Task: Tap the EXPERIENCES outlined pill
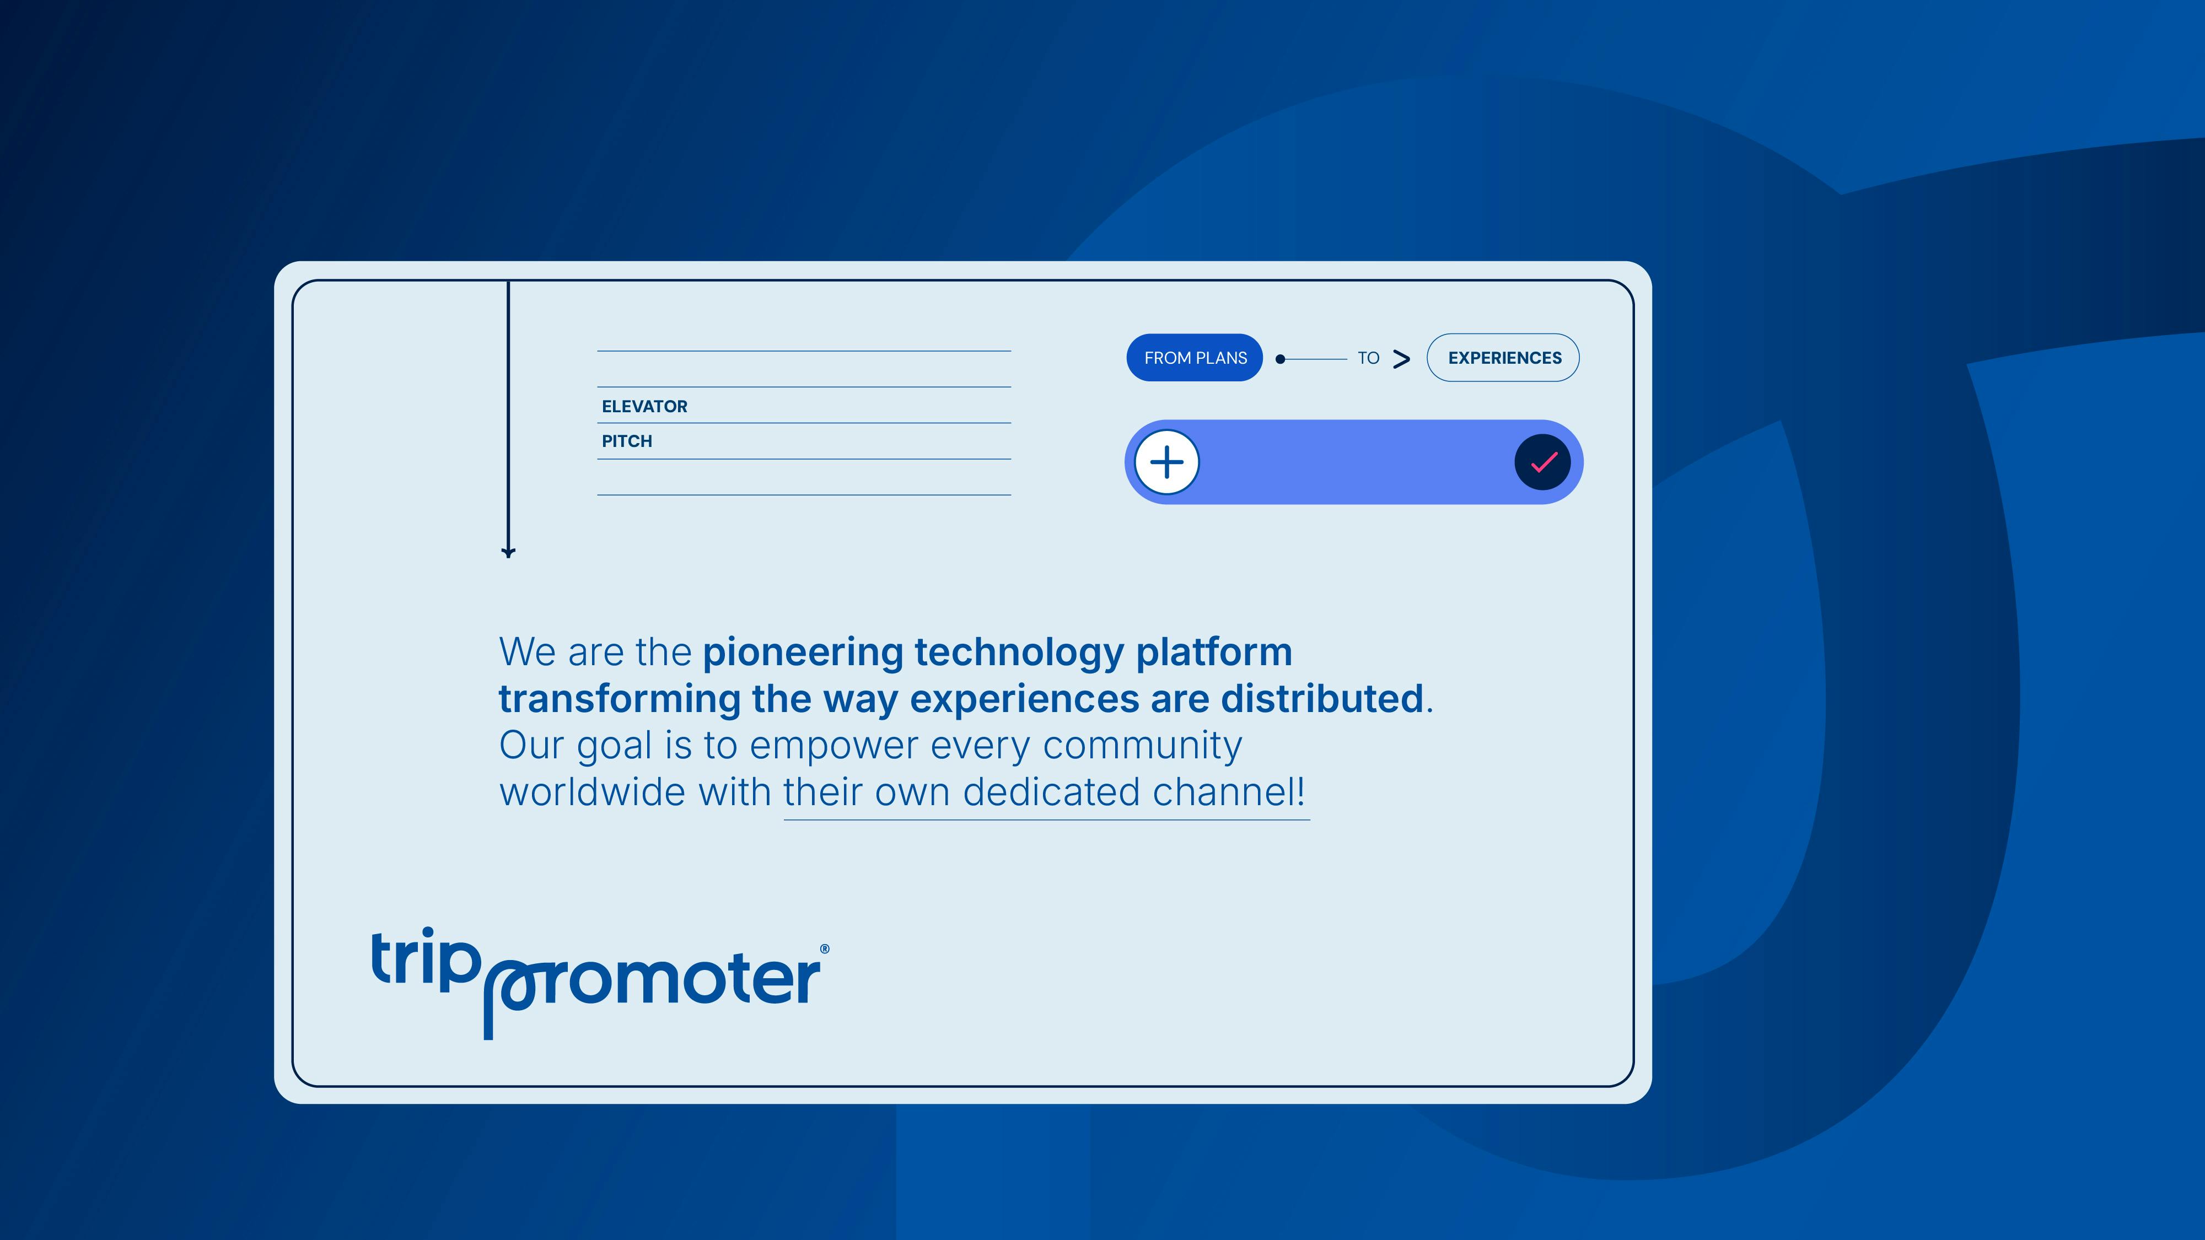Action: (x=1503, y=358)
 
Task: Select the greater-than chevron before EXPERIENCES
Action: (x=1401, y=359)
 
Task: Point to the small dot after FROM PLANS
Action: (x=1281, y=359)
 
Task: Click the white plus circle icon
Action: (x=1166, y=462)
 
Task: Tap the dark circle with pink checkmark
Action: (x=1542, y=463)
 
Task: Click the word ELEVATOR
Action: (x=644, y=407)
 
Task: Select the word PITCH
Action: (x=627, y=441)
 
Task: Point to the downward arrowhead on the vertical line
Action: (x=508, y=553)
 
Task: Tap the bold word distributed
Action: (x=1322, y=698)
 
